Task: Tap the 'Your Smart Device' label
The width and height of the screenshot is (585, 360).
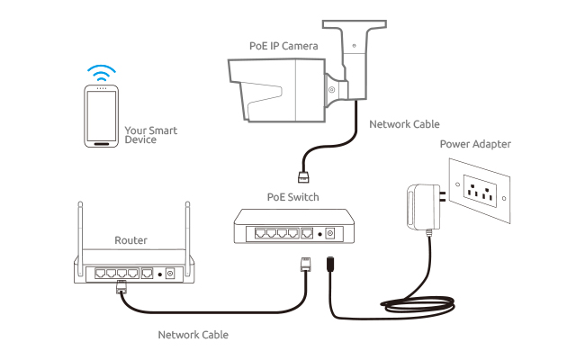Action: pos(151,135)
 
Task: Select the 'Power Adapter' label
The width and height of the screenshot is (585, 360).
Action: pos(474,144)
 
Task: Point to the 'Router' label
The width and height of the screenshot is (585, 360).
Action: pos(130,240)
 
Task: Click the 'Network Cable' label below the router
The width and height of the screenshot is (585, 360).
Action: pos(193,334)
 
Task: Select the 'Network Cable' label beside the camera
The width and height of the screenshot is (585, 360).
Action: pos(404,124)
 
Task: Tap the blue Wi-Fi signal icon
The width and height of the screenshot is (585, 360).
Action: pos(101,72)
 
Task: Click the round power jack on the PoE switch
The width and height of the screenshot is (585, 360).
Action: pos(329,233)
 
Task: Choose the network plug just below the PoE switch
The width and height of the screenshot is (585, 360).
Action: pos(303,265)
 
